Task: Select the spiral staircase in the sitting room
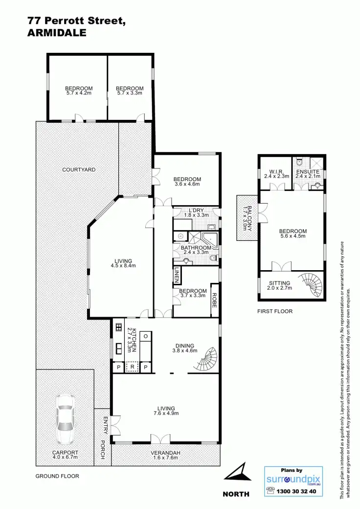311,286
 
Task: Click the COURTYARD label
79,170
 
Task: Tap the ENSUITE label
308,172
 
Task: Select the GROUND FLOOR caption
57,476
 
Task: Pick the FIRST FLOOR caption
275,311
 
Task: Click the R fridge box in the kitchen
132,367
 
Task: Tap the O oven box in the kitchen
145,337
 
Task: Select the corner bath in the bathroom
211,240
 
